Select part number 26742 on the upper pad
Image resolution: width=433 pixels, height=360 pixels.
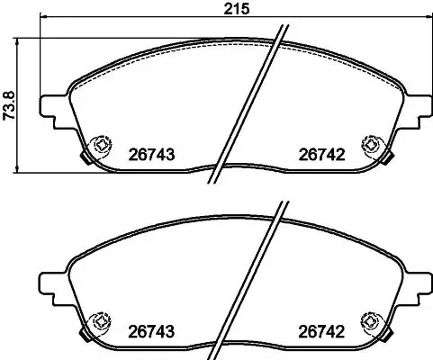[321, 154]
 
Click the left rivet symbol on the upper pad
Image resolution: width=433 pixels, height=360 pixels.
[102, 144]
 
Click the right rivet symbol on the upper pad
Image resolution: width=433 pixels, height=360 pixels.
[368, 144]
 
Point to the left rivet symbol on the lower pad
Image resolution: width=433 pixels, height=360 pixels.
[102, 319]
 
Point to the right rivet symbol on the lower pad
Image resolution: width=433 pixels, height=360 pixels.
[368, 319]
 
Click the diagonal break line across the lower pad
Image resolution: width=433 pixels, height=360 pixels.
[249, 280]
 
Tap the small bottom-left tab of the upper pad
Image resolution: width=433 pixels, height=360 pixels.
[86, 160]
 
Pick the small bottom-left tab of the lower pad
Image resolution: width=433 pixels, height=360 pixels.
[86, 335]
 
